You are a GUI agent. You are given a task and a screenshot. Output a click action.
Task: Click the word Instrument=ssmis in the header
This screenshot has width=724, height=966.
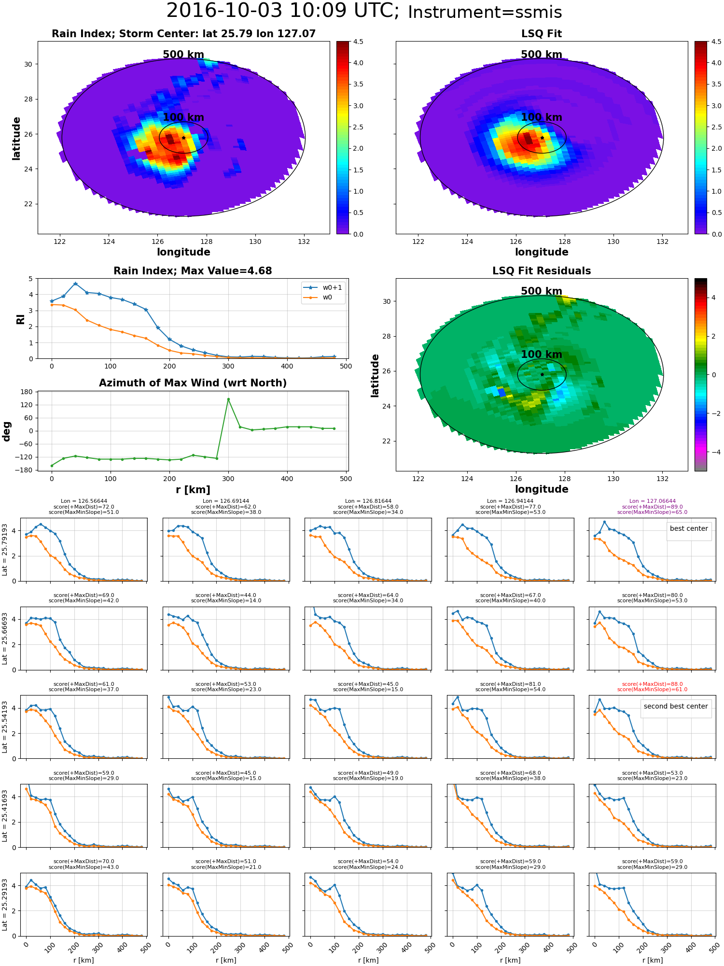485,13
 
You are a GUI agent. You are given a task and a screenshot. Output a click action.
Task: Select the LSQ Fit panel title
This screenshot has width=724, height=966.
541,34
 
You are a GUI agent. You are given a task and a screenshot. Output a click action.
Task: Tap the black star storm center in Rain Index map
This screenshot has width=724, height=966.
183,138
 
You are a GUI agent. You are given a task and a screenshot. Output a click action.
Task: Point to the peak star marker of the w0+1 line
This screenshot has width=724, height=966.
75,284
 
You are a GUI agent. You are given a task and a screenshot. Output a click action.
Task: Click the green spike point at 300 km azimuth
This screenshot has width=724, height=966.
228,399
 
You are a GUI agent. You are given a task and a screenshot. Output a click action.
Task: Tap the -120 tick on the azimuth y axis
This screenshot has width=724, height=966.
25,457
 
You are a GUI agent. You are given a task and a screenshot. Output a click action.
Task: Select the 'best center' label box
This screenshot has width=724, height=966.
688,528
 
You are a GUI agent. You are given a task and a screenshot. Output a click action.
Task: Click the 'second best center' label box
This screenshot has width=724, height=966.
675,706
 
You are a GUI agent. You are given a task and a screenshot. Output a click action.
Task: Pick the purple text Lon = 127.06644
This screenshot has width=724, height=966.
652,501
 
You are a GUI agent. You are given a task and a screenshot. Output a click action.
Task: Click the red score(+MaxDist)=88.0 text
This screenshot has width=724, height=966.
652,684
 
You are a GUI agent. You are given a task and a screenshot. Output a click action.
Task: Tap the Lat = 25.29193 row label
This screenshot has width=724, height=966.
5,905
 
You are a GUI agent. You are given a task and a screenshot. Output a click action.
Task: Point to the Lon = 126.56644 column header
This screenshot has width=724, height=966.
84,501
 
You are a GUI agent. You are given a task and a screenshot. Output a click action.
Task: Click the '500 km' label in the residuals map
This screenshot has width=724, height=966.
541,291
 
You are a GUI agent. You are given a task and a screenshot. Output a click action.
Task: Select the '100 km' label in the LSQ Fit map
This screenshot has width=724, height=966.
541,117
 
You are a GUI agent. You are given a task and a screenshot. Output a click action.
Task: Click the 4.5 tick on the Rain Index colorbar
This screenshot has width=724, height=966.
358,42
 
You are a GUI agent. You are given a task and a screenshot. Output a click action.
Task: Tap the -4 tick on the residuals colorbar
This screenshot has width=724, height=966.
713,452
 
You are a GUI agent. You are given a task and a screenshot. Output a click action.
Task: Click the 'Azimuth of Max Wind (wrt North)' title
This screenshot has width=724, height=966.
193,383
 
